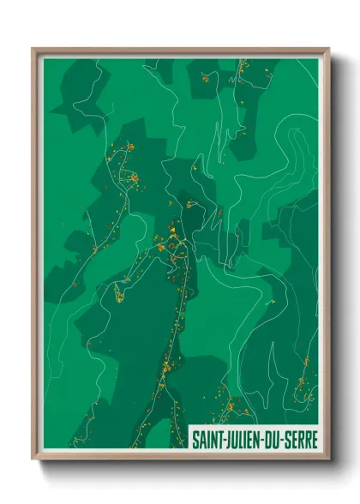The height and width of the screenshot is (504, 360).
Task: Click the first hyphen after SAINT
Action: point(221,434)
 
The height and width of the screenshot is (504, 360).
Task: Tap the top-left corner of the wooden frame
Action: point(33,49)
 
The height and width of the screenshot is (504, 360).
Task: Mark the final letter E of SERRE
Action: point(314,434)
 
